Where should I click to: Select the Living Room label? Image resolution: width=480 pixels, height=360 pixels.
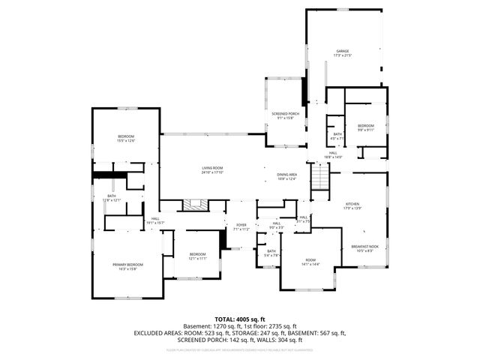click(212, 170)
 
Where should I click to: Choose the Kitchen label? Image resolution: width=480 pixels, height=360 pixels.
click(352, 205)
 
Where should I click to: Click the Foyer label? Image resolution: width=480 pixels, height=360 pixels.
click(241, 226)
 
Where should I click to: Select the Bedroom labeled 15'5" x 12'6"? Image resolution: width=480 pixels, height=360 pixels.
click(125, 138)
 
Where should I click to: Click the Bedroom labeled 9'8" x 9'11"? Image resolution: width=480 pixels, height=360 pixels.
click(365, 127)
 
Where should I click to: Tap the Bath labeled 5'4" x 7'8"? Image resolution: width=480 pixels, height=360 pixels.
click(271, 253)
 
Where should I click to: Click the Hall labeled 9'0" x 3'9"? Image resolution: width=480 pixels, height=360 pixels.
click(276, 225)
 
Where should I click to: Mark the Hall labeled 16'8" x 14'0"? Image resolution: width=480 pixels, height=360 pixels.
click(333, 154)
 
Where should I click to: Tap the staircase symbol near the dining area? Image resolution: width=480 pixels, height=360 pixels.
click(320, 178)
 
